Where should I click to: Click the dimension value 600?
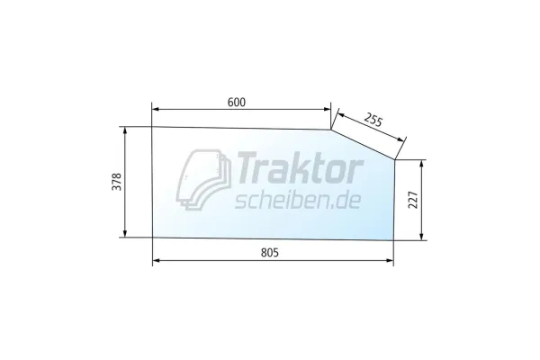pyautogui.click(x=237, y=103)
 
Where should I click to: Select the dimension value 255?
pyautogui.click(x=373, y=121)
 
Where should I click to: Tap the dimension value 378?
pyautogui.click(x=116, y=182)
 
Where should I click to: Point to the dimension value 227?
pyautogui.click(x=412, y=200)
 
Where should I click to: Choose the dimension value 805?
pyautogui.click(x=270, y=253)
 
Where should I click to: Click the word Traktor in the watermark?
pyautogui.click(x=298, y=168)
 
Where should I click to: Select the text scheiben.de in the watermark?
pyautogui.click(x=298, y=201)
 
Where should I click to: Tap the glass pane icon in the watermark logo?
pyautogui.click(x=203, y=179)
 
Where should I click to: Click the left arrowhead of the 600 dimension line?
pyautogui.click(x=155, y=109)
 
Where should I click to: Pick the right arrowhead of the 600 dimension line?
pyautogui.click(x=328, y=109)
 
